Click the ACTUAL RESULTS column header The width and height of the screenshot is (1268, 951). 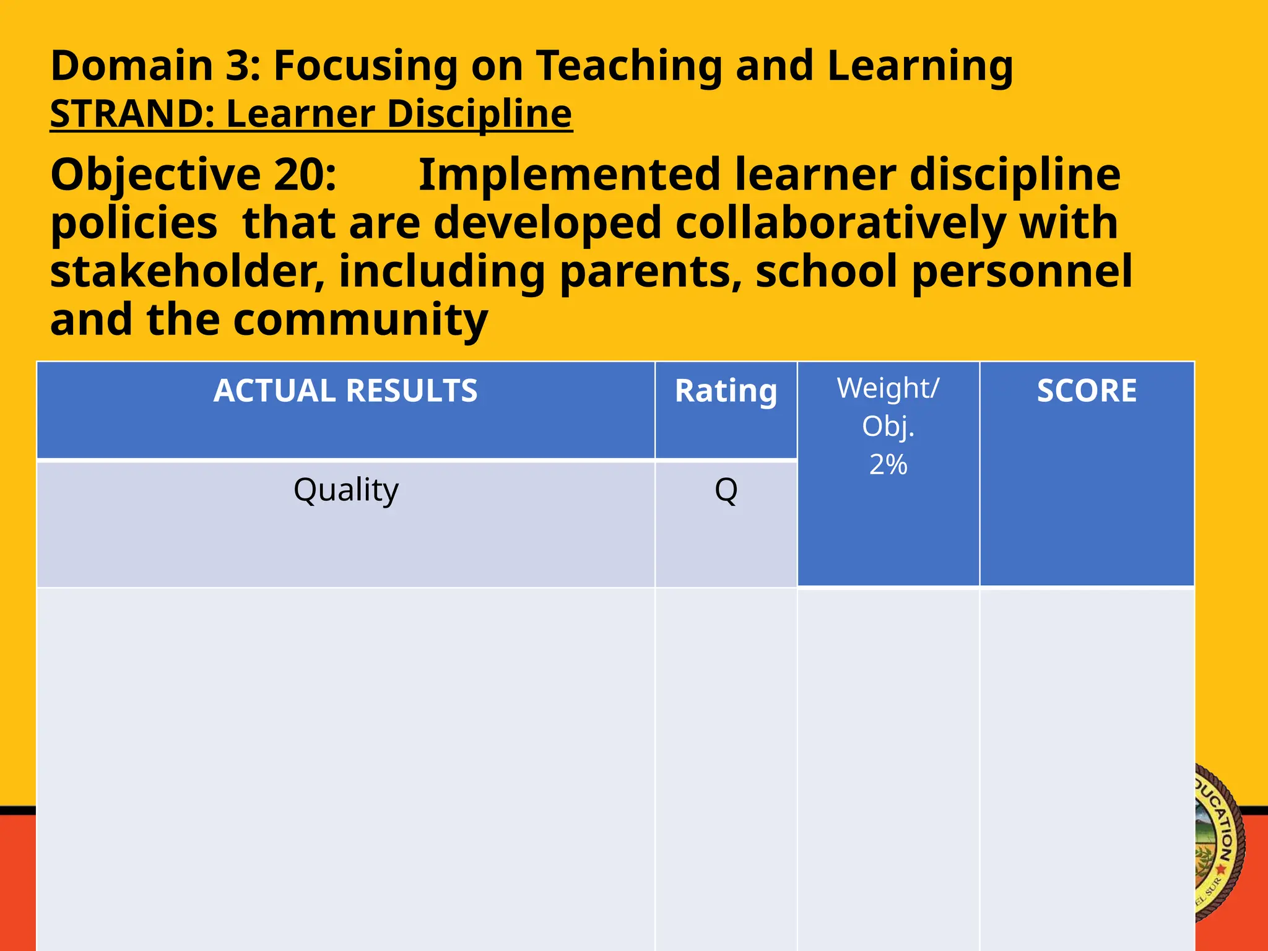(x=345, y=391)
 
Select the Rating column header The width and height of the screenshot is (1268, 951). (x=726, y=391)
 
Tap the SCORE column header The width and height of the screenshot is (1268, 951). (x=1087, y=391)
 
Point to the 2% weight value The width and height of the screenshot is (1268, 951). (x=888, y=464)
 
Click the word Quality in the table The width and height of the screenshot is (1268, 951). (x=345, y=490)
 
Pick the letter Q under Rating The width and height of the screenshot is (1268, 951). (x=726, y=490)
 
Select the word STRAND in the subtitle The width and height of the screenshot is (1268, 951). (x=126, y=114)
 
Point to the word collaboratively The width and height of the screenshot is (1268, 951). (x=840, y=223)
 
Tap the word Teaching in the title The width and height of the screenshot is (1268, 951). (x=629, y=66)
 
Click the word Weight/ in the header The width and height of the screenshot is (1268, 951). (x=888, y=389)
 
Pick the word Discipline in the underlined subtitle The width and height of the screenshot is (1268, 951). (x=479, y=115)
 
